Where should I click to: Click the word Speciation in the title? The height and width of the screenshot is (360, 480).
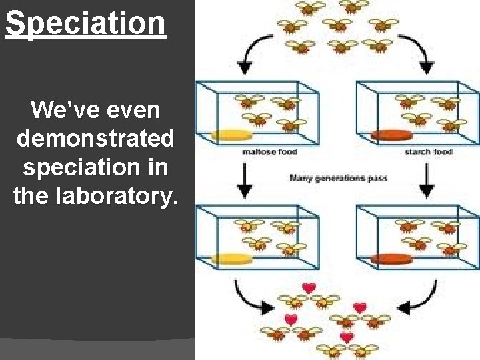85,23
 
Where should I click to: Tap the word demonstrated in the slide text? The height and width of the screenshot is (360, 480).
96,139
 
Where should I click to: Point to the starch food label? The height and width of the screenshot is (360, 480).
428,152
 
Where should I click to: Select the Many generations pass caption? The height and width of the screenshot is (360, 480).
339,178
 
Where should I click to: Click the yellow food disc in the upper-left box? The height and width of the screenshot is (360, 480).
232,135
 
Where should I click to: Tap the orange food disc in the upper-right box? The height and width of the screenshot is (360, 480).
391,135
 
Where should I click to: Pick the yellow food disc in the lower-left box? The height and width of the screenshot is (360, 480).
233,258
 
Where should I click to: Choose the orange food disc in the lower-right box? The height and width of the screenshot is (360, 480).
392,259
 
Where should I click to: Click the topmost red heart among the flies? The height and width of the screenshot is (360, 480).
308,288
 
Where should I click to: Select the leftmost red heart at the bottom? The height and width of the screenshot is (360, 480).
291,319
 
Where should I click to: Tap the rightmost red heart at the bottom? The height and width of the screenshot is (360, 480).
360,308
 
